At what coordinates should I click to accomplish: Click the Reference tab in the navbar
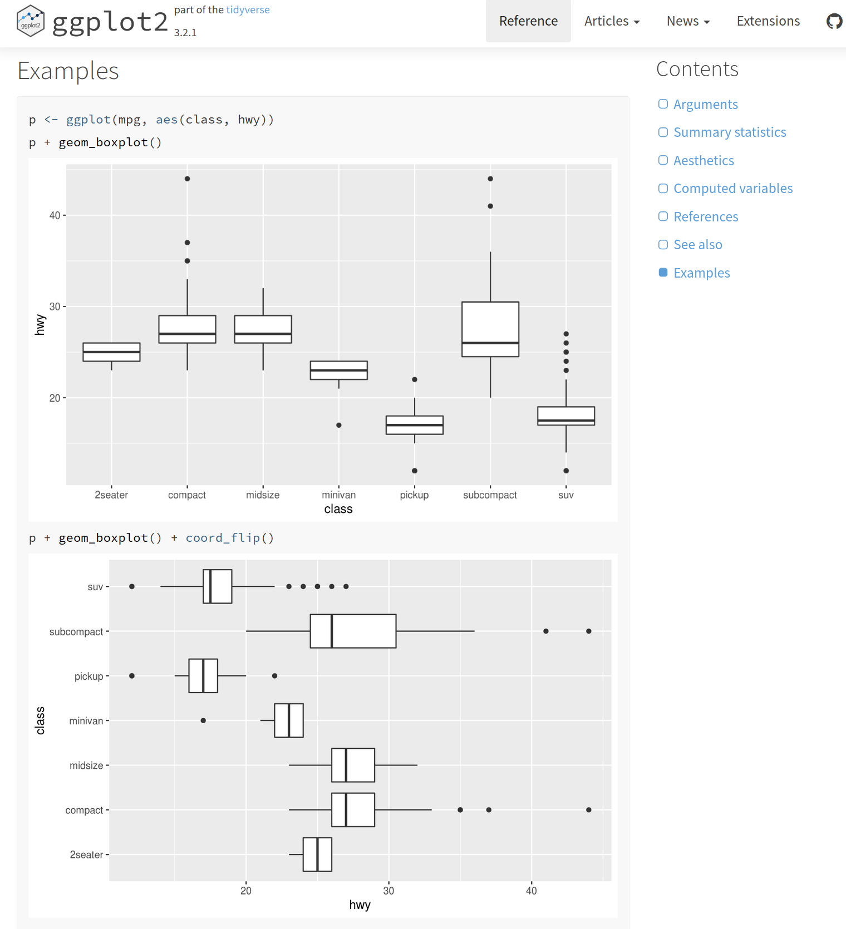pos(528,21)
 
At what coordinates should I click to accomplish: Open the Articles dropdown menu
pos(612,21)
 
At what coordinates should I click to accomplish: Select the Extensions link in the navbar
pos(768,21)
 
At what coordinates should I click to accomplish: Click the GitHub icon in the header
pos(834,21)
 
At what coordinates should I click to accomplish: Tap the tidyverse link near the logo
pos(248,9)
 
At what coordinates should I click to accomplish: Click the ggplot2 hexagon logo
pos(31,21)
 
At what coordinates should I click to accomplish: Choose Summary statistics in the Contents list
pos(729,132)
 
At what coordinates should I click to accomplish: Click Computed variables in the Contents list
pos(732,189)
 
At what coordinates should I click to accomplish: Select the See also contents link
pos(697,245)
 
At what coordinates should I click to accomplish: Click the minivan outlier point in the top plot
pos(339,425)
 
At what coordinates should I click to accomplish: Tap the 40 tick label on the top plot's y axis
pos(55,215)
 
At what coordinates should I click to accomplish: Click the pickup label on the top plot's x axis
pos(414,495)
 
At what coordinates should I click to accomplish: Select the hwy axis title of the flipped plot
pos(360,905)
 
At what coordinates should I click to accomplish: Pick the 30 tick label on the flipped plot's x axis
pos(388,891)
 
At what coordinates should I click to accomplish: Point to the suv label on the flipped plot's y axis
pos(95,587)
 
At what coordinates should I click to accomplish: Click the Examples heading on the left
pos(68,71)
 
